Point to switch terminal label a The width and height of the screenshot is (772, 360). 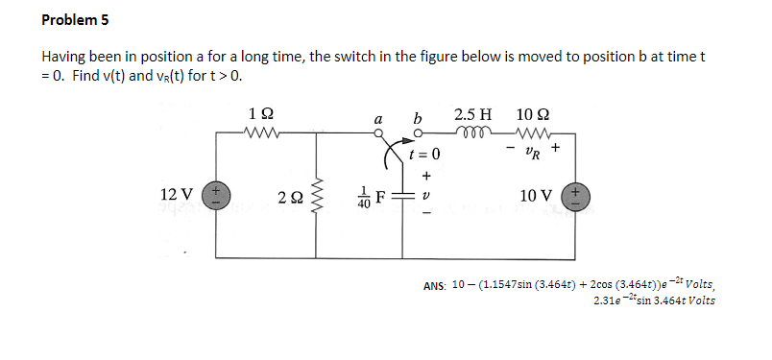pos(381,119)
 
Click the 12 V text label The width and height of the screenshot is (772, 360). pos(177,196)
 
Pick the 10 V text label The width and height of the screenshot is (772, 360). pos(534,196)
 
